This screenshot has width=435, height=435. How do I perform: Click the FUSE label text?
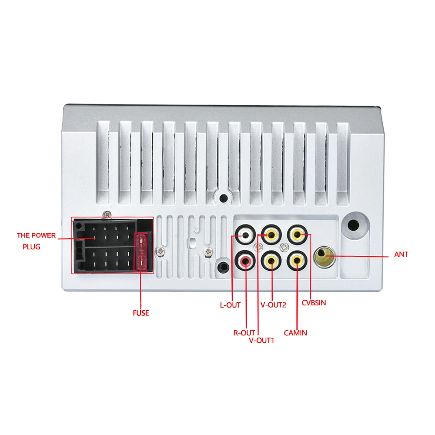(x=141, y=313)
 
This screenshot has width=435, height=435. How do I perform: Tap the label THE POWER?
(x=37, y=235)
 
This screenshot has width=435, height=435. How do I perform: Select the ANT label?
(x=401, y=254)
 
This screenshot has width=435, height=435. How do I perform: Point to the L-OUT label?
(x=230, y=305)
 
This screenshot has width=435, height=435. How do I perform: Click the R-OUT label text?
(x=244, y=333)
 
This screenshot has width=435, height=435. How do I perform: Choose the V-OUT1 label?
(x=261, y=340)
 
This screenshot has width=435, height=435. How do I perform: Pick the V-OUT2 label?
(x=273, y=305)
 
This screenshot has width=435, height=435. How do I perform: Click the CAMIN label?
(x=295, y=333)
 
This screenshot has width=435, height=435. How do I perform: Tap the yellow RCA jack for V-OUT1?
(x=271, y=236)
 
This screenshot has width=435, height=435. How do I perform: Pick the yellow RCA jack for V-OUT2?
(x=271, y=261)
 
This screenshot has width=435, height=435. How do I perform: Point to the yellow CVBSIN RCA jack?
(x=297, y=236)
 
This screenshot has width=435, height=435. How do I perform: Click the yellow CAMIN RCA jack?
(x=297, y=261)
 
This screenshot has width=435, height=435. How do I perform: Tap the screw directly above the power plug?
(x=107, y=214)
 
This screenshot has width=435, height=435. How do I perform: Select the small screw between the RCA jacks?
(x=284, y=248)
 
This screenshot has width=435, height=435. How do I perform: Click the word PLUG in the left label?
(x=31, y=247)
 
